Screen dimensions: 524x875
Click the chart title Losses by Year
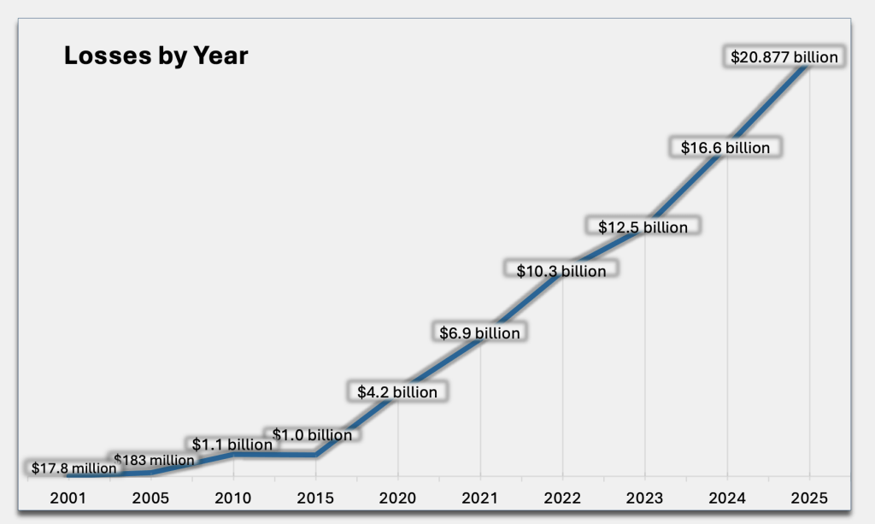(x=156, y=56)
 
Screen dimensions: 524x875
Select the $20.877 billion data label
(x=784, y=57)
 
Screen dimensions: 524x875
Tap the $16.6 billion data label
(x=725, y=148)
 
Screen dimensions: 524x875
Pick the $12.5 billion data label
(x=643, y=227)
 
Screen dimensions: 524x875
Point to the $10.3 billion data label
(x=561, y=271)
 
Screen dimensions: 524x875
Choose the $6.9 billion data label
(x=479, y=333)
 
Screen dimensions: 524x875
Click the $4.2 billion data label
(x=396, y=392)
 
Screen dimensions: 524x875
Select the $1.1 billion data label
(x=232, y=445)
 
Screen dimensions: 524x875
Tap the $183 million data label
(x=154, y=461)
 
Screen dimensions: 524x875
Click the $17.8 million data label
(x=73, y=468)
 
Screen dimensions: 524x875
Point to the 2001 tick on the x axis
(x=69, y=497)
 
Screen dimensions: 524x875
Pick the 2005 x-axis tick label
(x=151, y=497)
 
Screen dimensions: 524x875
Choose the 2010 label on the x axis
(x=233, y=497)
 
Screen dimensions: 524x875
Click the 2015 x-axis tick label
(x=315, y=497)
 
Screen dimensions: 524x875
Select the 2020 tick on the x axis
(x=397, y=497)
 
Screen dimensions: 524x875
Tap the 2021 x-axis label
(x=479, y=497)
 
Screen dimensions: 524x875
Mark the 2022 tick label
(x=561, y=497)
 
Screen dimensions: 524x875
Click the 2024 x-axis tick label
(x=726, y=497)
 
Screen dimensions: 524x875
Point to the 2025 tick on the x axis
(x=808, y=497)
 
